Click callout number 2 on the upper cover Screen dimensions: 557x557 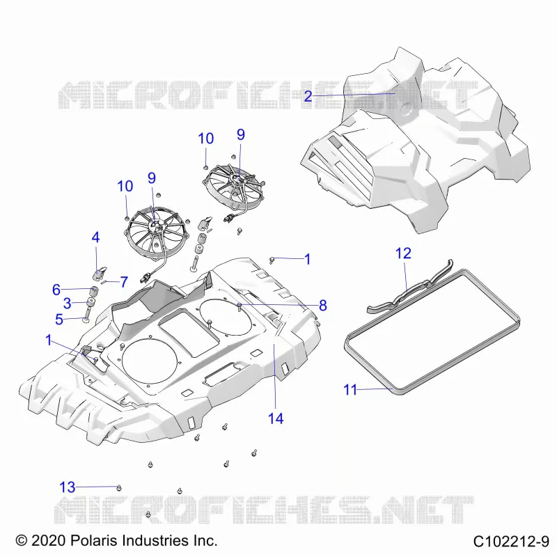[x=308, y=96]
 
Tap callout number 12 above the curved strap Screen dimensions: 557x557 [x=403, y=253]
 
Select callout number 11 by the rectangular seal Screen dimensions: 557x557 [x=350, y=390]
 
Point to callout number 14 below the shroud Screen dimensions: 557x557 [x=276, y=418]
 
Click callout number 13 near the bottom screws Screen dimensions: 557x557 [x=67, y=487]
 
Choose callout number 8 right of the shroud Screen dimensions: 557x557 [x=322, y=305]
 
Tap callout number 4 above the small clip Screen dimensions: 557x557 [x=95, y=237]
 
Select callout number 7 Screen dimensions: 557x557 [x=124, y=282]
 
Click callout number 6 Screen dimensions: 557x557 [x=56, y=290]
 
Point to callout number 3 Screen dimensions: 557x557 [x=67, y=304]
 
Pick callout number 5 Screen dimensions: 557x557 [x=59, y=320]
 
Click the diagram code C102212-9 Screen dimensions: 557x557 [x=511, y=542]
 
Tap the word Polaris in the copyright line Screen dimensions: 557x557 [x=94, y=540]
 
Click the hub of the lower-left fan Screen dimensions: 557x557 [x=155, y=224]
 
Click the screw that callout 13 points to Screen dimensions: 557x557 [x=119, y=488]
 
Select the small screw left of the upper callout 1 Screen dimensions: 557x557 [x=272, y=260]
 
